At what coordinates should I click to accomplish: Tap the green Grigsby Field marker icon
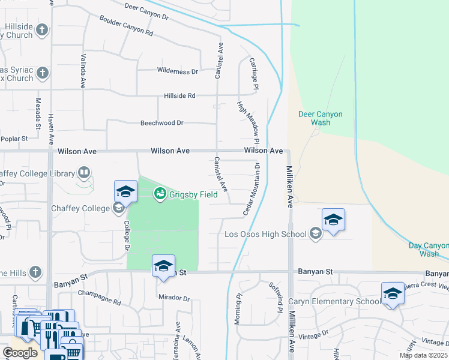point(160,193)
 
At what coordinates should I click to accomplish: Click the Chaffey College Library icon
point(84,174)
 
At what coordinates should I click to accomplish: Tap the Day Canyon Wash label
point(429,250)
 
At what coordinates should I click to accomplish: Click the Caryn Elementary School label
point(334,301)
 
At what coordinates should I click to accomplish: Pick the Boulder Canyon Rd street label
point(127,25)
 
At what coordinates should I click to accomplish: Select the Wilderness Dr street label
point(177,71)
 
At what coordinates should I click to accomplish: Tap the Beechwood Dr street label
point(161,122)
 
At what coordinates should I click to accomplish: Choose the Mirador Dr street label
point(173,298)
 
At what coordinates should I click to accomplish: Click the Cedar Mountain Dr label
point(252,188)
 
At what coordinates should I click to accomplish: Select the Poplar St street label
point(16,138)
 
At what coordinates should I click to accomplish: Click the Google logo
point(20,353)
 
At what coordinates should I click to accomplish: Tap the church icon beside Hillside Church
point(42,29)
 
